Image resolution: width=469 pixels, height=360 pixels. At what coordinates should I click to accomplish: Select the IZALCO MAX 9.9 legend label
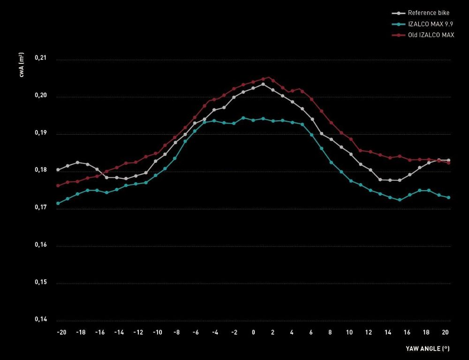[431, 24]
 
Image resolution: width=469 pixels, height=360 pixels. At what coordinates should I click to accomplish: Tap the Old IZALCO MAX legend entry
[431, 35]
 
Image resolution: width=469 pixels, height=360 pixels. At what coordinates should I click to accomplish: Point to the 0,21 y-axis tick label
[41, 58]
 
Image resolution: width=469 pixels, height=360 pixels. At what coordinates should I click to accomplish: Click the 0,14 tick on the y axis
[41, 320]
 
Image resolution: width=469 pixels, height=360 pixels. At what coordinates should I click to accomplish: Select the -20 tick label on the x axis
[61, 332]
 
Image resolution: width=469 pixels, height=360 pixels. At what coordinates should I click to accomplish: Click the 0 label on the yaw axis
[253, 332]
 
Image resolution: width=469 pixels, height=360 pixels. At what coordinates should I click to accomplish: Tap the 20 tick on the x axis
[446, 332]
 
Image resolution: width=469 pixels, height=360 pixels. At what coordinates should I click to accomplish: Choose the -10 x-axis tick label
[157, 332]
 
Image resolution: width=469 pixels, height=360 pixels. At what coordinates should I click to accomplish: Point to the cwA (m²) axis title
[22, 65]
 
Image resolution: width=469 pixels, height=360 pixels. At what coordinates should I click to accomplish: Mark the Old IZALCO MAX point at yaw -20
[58, 185]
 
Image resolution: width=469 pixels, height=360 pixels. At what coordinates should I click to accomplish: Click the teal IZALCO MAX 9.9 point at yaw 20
[448, 198]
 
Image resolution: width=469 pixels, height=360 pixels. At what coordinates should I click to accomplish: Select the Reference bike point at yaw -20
[58, 170]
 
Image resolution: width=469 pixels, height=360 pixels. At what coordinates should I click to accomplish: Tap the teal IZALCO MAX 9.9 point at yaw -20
[58, 203]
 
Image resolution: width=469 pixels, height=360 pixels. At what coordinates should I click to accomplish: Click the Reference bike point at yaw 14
[390, 180]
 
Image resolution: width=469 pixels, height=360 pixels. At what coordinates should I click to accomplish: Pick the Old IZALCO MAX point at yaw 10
[351, 139]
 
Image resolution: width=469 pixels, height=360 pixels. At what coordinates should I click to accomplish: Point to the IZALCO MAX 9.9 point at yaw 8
[331, 162]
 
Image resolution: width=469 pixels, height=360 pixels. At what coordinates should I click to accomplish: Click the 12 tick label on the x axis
[369, 332]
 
